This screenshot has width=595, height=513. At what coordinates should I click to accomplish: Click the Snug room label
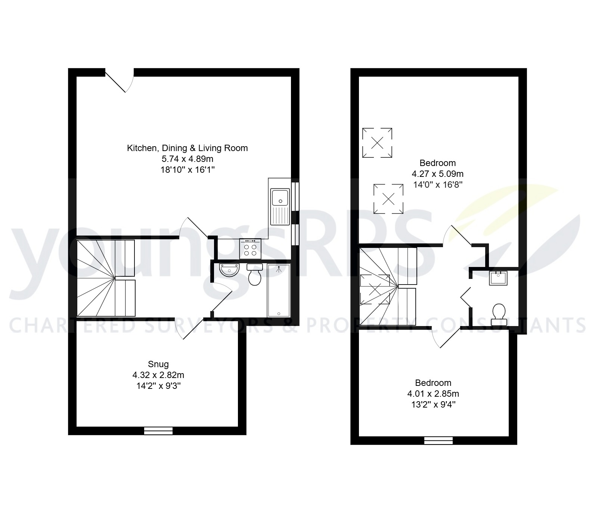158,364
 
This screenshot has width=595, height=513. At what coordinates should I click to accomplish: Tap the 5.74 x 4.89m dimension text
188,159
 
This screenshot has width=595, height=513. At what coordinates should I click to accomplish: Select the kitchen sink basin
280,198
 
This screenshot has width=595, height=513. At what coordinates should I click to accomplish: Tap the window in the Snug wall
158,431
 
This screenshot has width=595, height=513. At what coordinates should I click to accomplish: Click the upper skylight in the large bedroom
377,142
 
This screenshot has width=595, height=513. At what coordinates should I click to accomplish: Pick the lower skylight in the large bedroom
388,199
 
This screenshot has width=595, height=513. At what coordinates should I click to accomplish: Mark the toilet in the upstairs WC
499,314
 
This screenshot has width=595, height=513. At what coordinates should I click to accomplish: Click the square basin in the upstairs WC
498,278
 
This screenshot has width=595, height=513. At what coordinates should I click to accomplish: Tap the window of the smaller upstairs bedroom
438,440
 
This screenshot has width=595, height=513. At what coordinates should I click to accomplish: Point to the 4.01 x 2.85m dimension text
433,394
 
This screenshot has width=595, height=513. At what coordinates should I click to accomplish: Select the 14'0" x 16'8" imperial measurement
438,185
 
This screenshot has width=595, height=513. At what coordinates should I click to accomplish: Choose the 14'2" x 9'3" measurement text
158,386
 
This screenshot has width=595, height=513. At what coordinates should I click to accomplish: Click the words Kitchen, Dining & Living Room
188,148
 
